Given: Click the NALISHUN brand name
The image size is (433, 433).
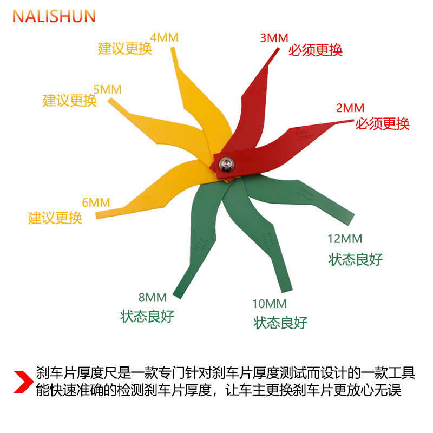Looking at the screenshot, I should point(54,16).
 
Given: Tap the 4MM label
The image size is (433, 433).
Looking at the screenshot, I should point(164,37).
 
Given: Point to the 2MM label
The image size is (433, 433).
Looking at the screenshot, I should point(350,108).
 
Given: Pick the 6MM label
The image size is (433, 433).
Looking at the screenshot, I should point(96,202).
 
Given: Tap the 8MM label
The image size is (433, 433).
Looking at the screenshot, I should point(152,297).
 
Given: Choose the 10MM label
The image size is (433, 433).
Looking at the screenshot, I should point(269,304).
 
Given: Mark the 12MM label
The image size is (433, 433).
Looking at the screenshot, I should point(345,239).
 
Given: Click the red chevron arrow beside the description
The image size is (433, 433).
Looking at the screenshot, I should point(21,381).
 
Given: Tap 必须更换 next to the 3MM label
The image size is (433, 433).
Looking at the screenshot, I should point(316,50).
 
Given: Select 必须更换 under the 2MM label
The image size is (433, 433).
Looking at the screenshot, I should point(383,123).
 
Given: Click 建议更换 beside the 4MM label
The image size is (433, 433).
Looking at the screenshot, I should point(125,48).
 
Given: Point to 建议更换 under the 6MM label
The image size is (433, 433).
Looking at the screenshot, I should point(55,218).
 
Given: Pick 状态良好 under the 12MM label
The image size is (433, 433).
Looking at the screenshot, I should point(356,259).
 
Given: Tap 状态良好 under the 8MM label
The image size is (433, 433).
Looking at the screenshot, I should point(148,316).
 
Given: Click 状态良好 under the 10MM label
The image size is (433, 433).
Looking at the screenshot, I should point(280,323).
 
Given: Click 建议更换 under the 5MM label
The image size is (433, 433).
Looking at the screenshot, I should point(70,100).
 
